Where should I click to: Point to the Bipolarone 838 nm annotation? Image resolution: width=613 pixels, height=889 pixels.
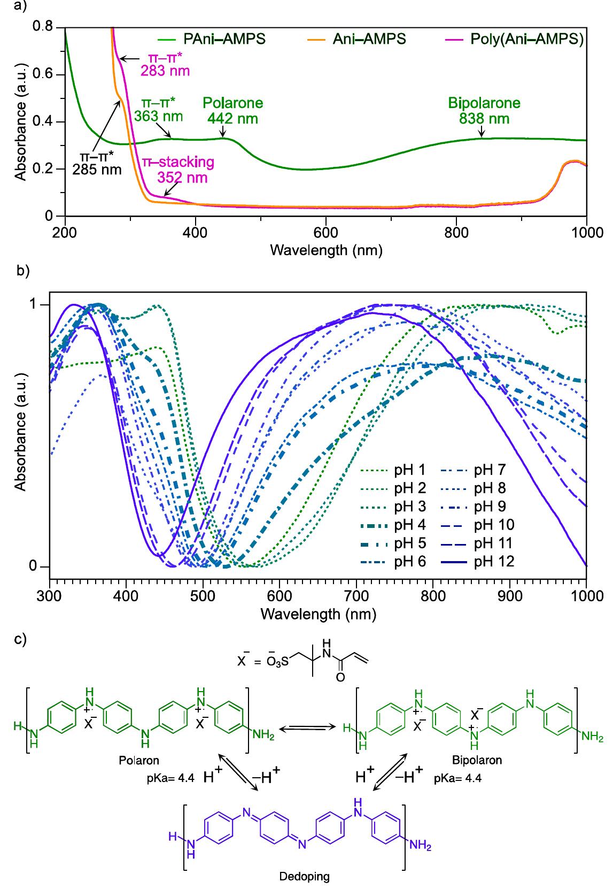(x=484, y=111)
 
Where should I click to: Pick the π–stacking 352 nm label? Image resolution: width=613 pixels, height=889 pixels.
(x=177, y=169)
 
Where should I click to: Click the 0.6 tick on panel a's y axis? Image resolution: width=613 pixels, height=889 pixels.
(x=48, y=75)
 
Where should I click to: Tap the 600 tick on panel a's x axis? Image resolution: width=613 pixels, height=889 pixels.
(x=326, y=232)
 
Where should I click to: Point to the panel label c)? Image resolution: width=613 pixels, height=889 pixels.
(x=20, y=639)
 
